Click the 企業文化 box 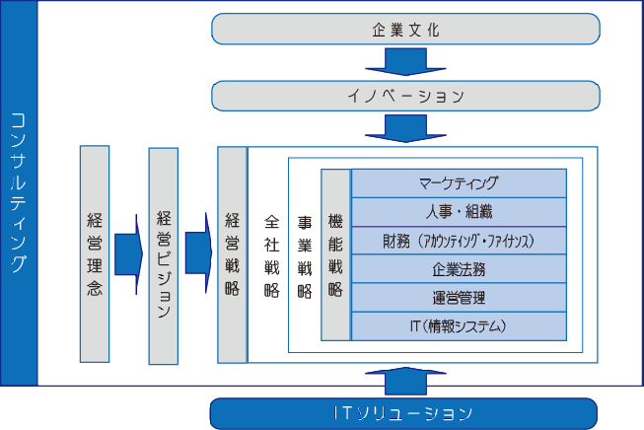[405, 29]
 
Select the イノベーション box [405, 96]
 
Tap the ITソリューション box [403, 413]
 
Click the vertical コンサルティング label [19, 193]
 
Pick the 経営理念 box [95, 253]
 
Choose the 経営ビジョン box [164, 255]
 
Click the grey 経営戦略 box [233, 254]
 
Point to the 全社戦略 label [272, 256]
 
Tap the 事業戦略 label [305, 257]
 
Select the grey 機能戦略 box [335, 254]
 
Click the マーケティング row [460, 183]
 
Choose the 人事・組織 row [460, 212]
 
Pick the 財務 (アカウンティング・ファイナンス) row [460, 241]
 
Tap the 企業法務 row [460, 269]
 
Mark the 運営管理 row [460, 298]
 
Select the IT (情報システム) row [460, 326]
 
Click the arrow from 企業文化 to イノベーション [405, 62]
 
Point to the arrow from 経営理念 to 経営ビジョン [128, 254]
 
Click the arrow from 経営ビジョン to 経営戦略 [199, 253]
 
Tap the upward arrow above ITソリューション [405, 381]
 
